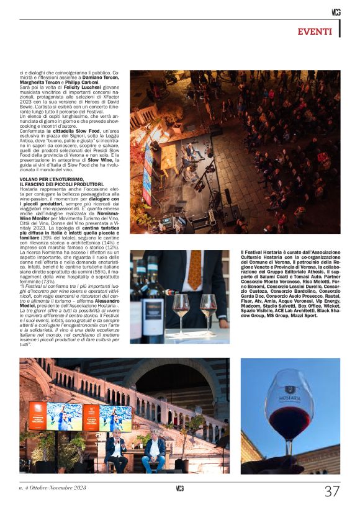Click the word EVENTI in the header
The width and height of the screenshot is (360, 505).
pyautogui.click(x=315, y=32)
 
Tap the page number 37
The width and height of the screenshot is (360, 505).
pyautogui.click(x=332, y=491)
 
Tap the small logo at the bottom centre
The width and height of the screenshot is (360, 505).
pyautogui.click(x=180, y=489)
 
